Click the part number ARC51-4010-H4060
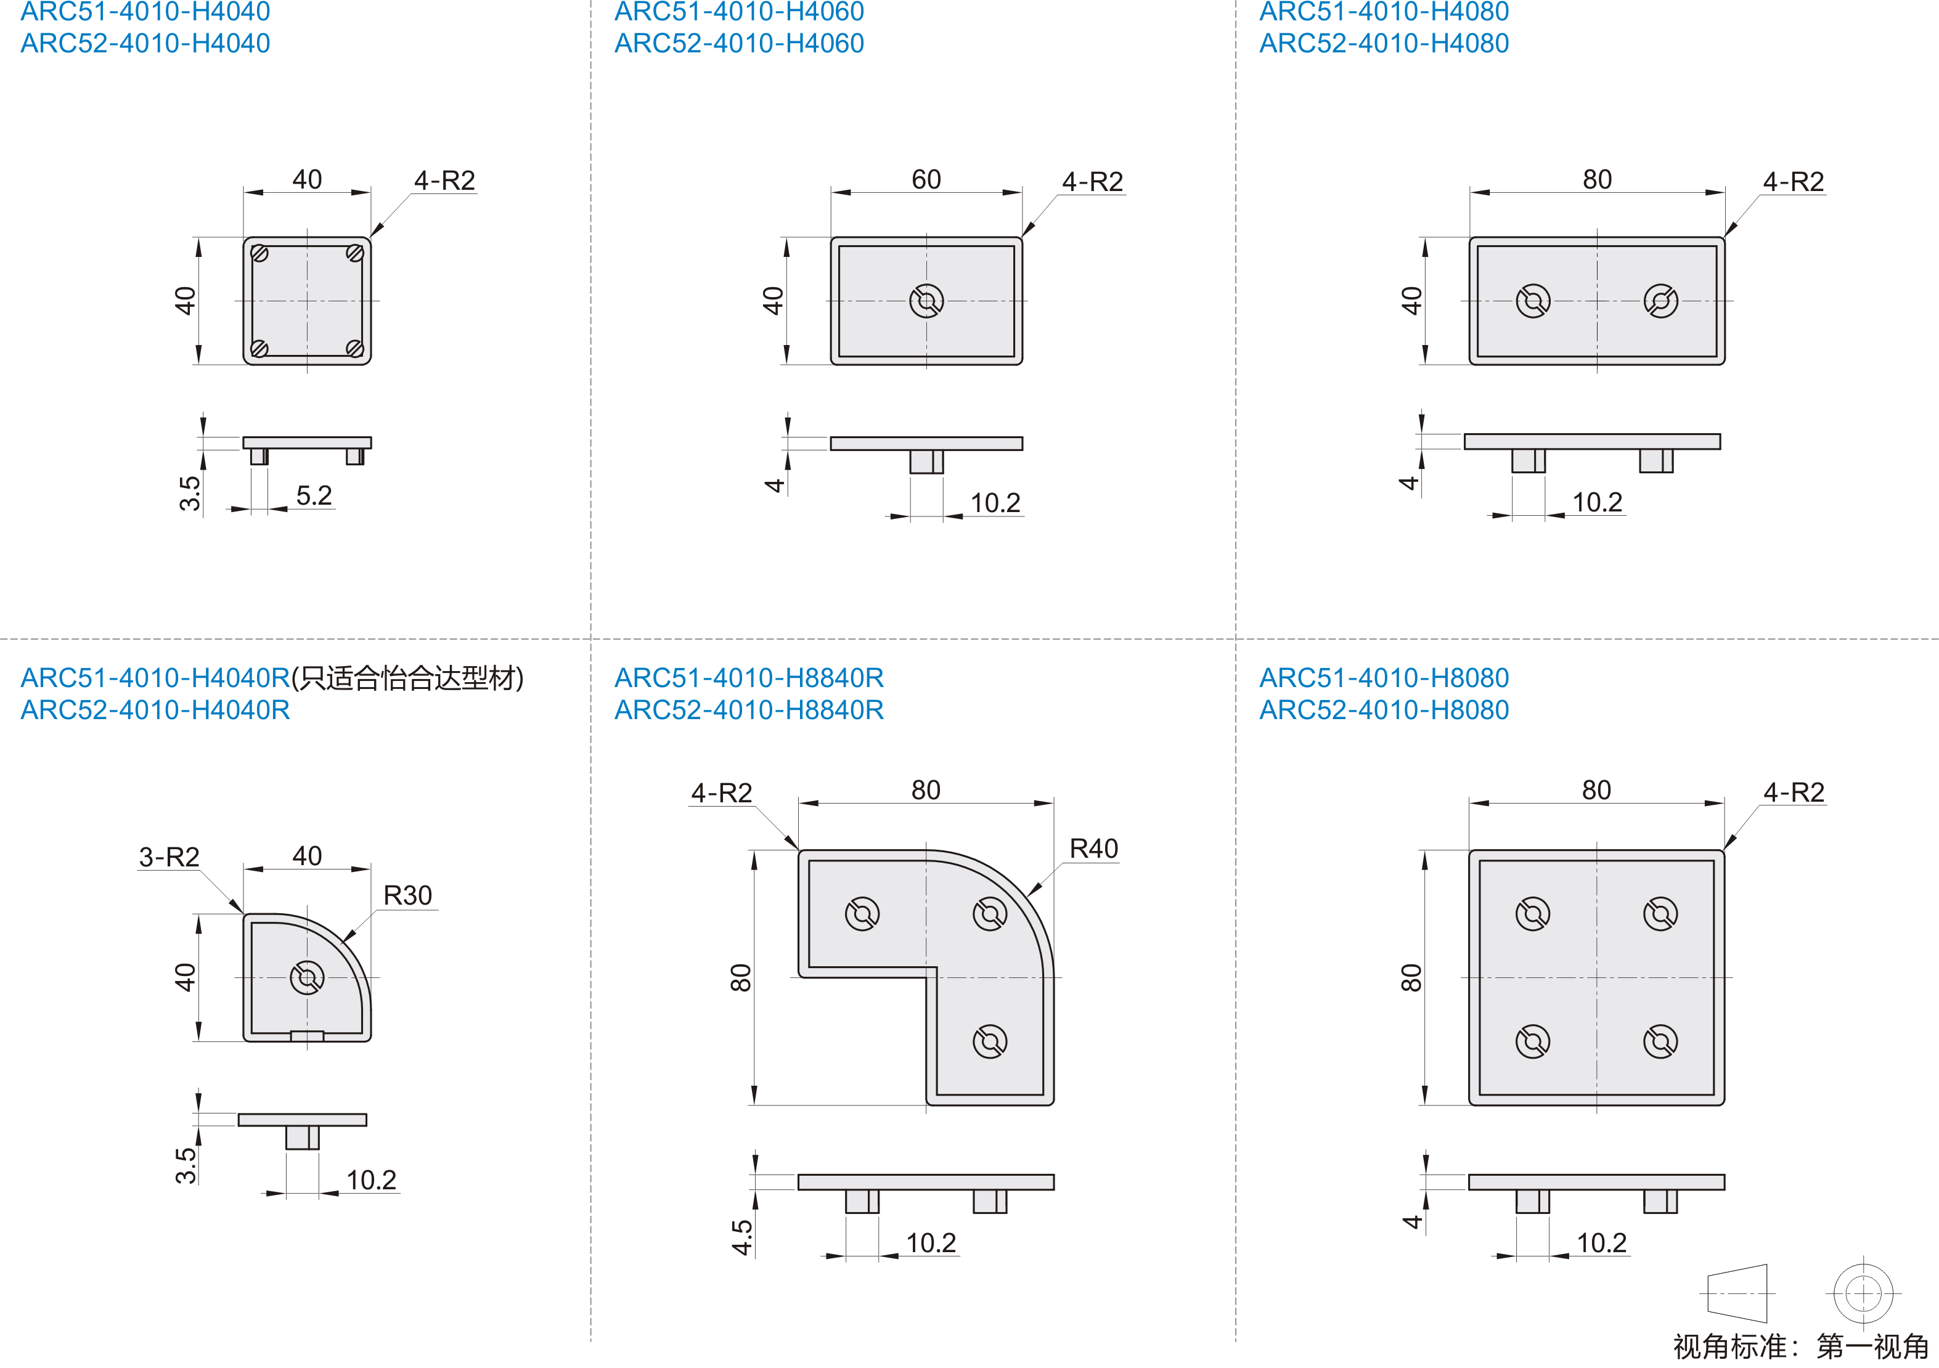point(739,12)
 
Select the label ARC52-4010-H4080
point(1384,43)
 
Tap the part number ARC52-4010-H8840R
point(749,710)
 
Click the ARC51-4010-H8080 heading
point(1384,678)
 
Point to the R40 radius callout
point(1093,849)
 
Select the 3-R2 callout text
point(169,857)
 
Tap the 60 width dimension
point(926,179)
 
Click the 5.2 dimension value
point(314,495)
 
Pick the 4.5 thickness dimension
point(741,1237)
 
